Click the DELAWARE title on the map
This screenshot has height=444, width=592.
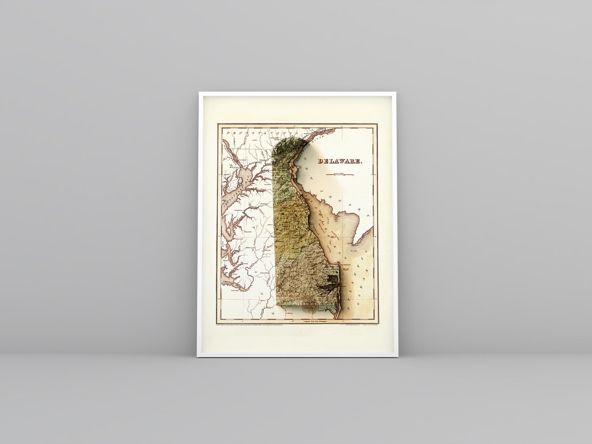click(340, 161)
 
